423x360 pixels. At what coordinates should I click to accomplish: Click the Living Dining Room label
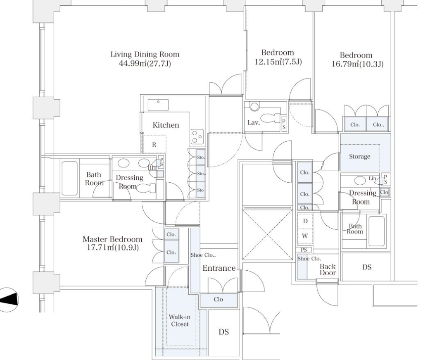click(x=145, y=54)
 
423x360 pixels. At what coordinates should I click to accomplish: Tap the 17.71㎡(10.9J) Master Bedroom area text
click(x=113, y=248)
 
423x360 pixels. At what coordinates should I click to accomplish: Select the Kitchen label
click(x=166, y=125)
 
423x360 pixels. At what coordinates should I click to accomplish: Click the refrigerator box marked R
click(x=154, y=144)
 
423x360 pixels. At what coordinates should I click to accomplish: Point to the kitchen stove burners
click(x=197, y=136)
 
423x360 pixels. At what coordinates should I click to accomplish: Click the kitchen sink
click(x=158, y=105)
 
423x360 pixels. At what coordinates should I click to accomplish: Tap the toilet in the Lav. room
click(x=270, y=118)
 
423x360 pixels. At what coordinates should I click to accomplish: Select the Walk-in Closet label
click(x=180, y=320)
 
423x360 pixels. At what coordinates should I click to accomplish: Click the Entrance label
click(x=219, y=268)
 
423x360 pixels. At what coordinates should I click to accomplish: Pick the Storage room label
click(x=360, y=156)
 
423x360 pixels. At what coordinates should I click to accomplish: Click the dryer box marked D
click(x=305, y=221)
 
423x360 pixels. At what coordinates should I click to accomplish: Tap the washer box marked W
click(x=305, y=236)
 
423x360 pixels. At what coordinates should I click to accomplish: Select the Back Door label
click(x=328, y=269)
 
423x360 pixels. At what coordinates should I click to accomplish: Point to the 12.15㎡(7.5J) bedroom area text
click(x=278, y=62)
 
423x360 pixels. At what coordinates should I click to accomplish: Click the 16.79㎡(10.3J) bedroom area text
click(x=357, y=64)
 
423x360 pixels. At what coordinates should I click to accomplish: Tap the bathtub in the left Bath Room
click(x=69, y=178)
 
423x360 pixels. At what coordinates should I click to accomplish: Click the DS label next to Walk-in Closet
click(x=223, y=332)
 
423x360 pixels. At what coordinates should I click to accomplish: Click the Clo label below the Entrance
click(x=218, y=299)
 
